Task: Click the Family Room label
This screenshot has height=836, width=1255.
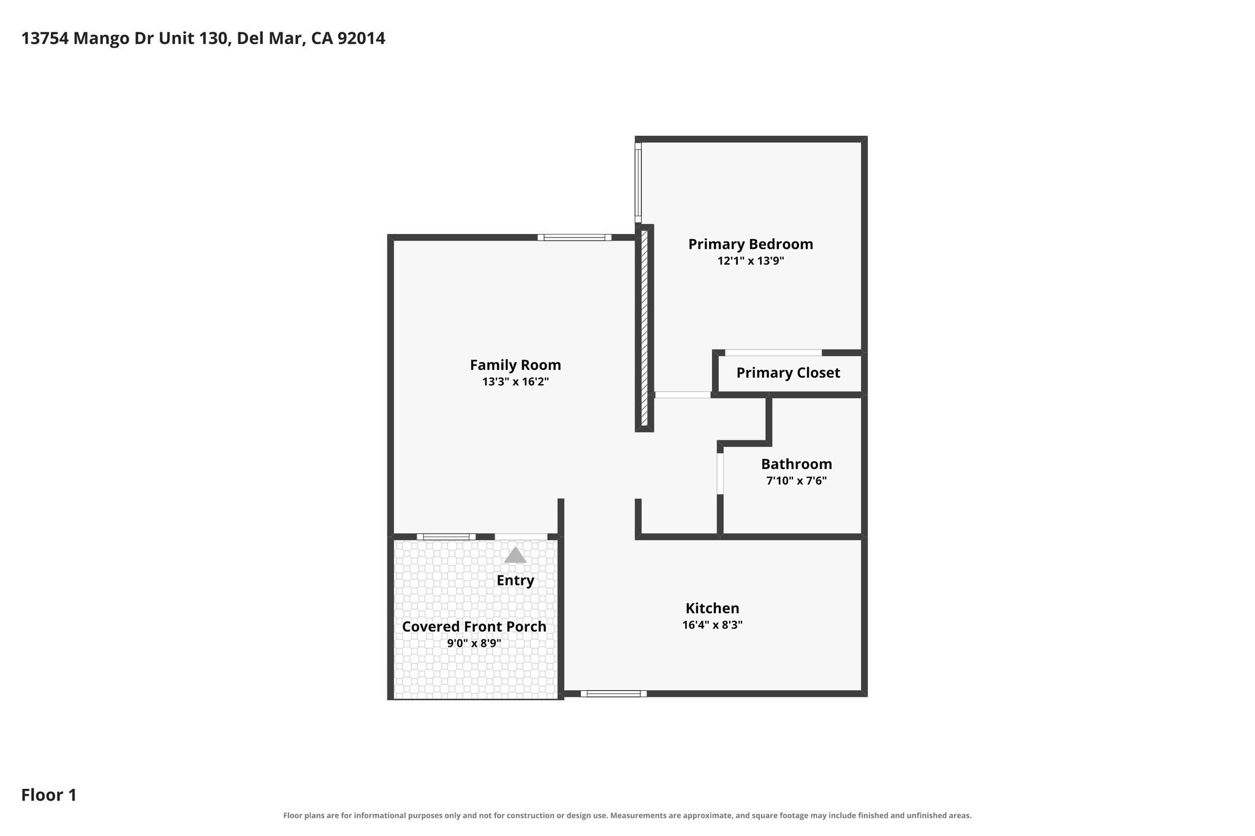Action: coord(515,365)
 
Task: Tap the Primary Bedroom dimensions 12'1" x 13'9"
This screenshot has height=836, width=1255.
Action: coord(751,261)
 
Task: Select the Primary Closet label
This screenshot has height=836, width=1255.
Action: coord(788,373)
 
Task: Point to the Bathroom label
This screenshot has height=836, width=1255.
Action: coord(797,464)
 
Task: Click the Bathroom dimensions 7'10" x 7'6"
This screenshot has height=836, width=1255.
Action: coord(797,481)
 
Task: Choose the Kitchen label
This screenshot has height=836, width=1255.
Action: coord(712,609)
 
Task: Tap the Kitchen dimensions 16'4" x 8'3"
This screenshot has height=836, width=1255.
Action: coord(712,625)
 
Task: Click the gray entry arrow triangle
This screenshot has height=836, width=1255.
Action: coord(515,555)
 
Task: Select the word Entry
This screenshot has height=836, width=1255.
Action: coord(515,581)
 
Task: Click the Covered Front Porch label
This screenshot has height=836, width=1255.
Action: coord(474,627)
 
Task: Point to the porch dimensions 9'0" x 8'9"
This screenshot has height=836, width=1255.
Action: coord(474,644)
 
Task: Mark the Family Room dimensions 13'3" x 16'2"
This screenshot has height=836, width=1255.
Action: coord(515,382)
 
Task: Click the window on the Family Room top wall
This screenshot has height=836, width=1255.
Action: coord(574,238)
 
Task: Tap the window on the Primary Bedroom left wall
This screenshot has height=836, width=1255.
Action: coord(638,183)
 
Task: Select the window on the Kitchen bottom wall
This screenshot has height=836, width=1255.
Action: coord(613,694)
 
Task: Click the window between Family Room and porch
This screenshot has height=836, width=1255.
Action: coord(446,537)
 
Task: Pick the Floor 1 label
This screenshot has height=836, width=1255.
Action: coord(49,796)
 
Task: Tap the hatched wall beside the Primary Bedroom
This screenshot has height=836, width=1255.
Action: coord(644,328)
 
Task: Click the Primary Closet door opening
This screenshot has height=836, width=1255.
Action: coord(773,353)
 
